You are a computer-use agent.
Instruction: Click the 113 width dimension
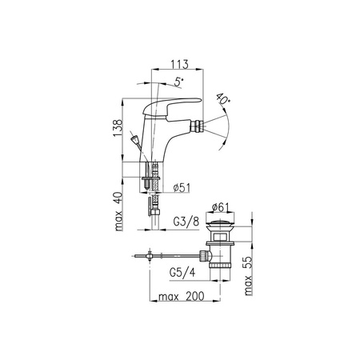click(179, 64)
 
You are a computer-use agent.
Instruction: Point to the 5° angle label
click(179, 82)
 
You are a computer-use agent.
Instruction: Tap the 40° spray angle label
click(223, 99)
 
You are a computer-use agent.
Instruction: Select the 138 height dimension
click(118, 128)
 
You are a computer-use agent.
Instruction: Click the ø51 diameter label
click(182, 188)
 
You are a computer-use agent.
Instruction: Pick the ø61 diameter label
click(220, 207)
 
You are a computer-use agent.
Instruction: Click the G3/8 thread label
click(186, 222)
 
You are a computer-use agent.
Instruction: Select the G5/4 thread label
click(182, 273)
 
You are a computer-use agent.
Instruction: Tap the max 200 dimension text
click(182, 296)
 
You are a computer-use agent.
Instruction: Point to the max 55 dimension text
click(248, 276)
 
